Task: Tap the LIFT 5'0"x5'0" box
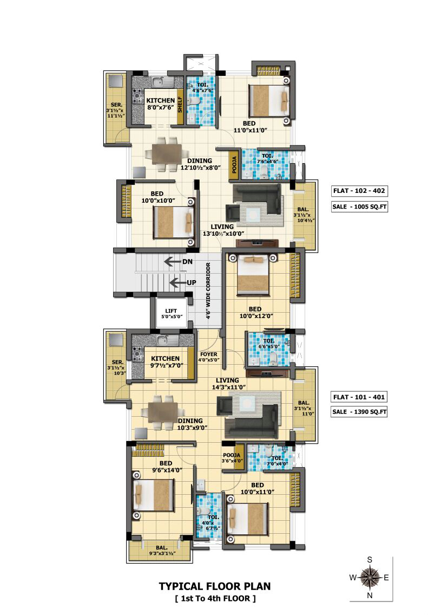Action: click(x=172, y=313)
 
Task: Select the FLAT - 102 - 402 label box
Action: click(x=359, y=191)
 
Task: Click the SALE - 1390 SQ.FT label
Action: click(x=359, y=412)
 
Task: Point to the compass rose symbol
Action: click(x=370, y=578)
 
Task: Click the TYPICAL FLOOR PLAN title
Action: click(x=215, y=586)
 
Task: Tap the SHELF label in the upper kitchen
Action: click(x=180, y=105)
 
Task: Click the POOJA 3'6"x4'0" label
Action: click(x=232, y=458)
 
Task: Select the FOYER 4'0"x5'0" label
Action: click(x=209, y=357)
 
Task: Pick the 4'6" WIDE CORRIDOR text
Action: click(x=208, y=290)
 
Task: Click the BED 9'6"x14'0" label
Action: click(x=167, y=467)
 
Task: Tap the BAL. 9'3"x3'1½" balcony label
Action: click(x=162, y=551)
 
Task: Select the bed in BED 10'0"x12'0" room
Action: click(x=253, y=275)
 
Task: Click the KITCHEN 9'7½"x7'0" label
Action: click(x=167, y=362)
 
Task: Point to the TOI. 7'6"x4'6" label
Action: click(x=267, y=158)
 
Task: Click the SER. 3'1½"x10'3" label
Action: click(x=117, y=367)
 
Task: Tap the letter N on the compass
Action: click(x=370, y=595)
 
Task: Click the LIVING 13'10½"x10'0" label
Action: click(x=222, y=230)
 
